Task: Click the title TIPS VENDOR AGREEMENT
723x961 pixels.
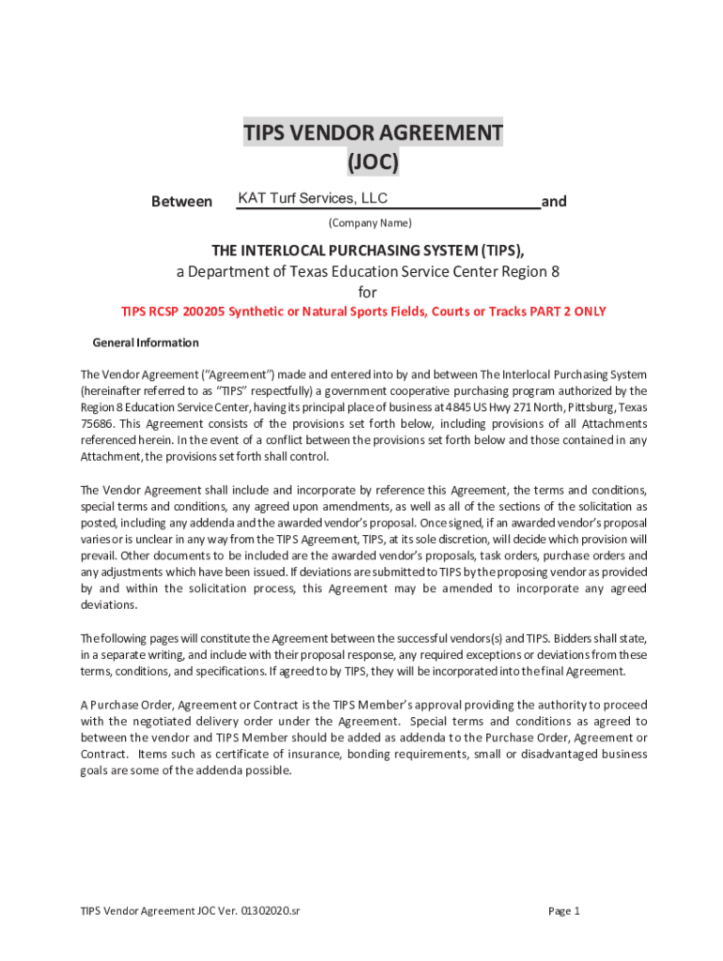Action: click(x=373, y=132)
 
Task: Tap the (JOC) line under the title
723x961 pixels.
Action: click(x=373, y=162)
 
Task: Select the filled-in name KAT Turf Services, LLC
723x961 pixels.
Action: click(x=313, y=198)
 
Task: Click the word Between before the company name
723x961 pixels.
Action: click(x=181, y=202)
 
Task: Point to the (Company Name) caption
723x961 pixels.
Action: click(x=369, y=223)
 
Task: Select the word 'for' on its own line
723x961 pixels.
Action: click(x=367, y=292)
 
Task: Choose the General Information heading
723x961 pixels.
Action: click(x=146, y=343)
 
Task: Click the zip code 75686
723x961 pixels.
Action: click(x=98, y=423)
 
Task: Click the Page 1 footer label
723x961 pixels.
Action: click(x=563, y=910)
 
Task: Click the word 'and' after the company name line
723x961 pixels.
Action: click(x=554, y=202)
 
